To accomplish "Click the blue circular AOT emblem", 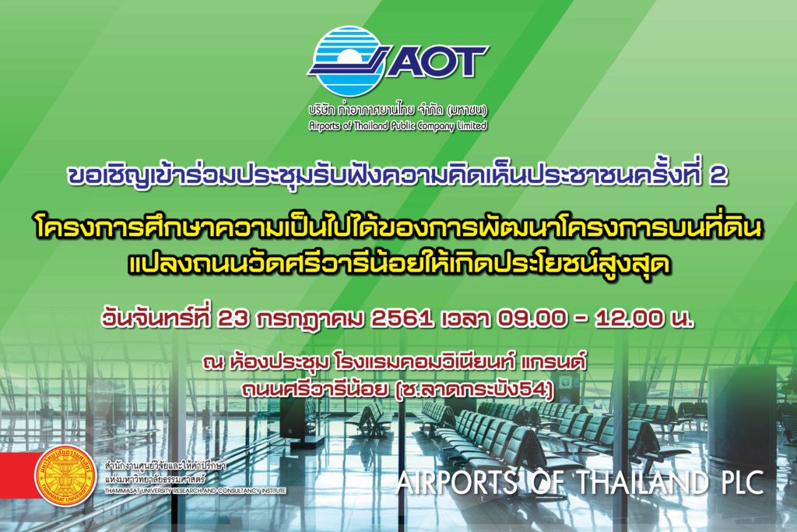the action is click(345, 61).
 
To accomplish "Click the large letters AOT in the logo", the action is click(437, 61).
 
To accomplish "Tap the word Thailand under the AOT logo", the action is click(367, 125).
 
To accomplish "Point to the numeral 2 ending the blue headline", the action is click(718, 175).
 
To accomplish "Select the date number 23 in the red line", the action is click(233, 319).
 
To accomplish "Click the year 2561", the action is click(402, 319).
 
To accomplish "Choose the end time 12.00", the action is click(629, 319).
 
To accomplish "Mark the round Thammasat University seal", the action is click(65, 476).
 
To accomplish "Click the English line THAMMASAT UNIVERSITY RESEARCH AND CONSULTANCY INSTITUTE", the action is click(195, 491).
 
